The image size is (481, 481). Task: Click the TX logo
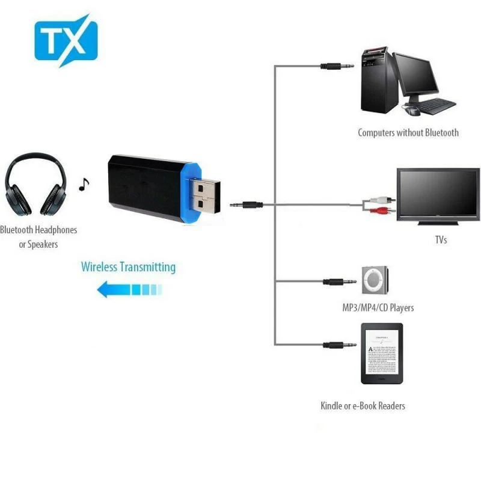(66, 41)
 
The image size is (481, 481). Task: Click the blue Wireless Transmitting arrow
(129, 290)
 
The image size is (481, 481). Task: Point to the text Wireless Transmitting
(128, 266)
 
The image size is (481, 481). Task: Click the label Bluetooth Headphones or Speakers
(39, 237)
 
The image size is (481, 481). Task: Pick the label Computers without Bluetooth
(408, 133)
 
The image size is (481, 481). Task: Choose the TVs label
(441, 240)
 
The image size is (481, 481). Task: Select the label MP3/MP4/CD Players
(378, 308)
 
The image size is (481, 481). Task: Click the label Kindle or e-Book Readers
(363, 406)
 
